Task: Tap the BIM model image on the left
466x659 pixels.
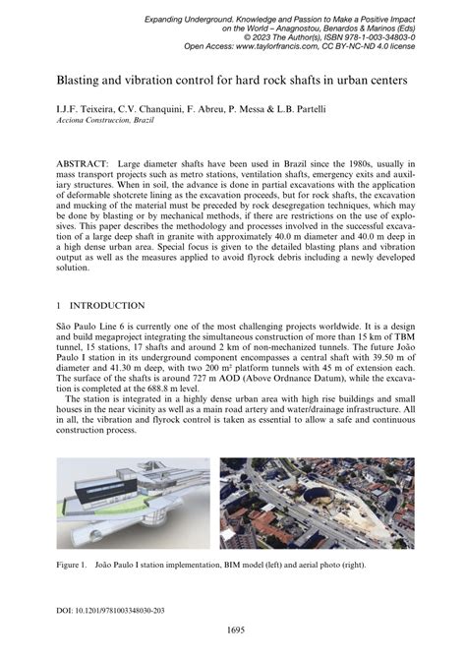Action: click(133, 503)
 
